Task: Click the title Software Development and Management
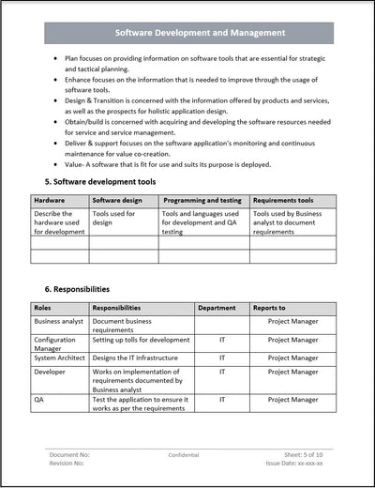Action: tap(200, 33)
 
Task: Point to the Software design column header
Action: tap(118, 200)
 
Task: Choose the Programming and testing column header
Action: tap(202, 200)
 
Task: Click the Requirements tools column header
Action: tap(283, 200)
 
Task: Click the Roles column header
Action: tap(44, 307)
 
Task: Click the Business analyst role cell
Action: tap(59, 320)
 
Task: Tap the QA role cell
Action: tap(39, 398)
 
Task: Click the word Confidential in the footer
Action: tap(184, 454)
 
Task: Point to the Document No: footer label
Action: tap(69, 454)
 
